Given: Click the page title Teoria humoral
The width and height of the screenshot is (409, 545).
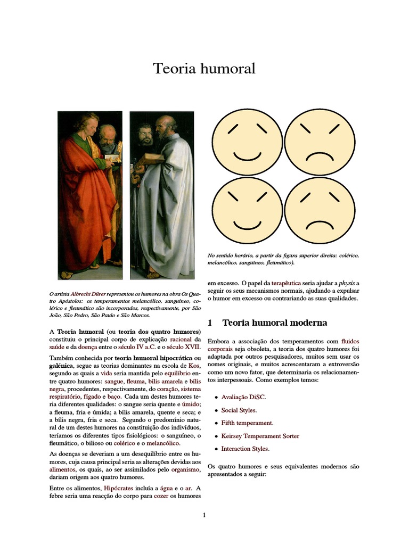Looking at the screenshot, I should tap(204, 69).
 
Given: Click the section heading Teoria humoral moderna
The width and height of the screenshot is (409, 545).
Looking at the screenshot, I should tap(274, 323).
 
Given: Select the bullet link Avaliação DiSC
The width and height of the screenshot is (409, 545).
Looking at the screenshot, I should tap(243, 397).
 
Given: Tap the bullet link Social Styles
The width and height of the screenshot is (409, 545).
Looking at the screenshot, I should tap(239, 410).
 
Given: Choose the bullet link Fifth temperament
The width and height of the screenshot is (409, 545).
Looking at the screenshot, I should tap(247, 423).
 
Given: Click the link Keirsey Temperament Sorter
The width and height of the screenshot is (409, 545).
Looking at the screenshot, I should tap(260, 436).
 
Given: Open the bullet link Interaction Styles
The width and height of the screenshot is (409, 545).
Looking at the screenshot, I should tap(245, 449).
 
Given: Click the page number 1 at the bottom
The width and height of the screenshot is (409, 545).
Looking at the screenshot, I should tap(204, 515).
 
